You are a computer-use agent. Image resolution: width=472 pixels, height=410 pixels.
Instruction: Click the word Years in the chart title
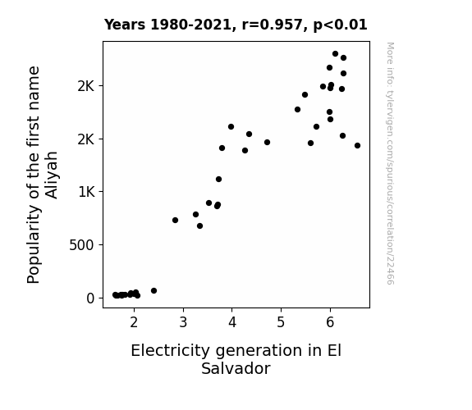pos(125,25)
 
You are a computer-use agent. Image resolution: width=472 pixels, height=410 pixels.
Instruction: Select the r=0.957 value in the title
pos(273,25)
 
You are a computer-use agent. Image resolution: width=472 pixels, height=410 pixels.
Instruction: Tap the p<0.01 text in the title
pos(340,25)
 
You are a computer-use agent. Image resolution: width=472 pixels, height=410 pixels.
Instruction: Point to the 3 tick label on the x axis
pos(183,322)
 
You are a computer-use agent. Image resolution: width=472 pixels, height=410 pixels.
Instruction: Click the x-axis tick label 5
pos(281,322)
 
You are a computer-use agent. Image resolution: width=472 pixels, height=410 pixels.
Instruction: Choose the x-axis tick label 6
pos(330,322)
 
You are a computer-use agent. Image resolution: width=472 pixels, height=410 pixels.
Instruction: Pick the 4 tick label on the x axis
pos(232,322)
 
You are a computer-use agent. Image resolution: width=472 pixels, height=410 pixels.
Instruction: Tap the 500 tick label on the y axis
pos(81,245)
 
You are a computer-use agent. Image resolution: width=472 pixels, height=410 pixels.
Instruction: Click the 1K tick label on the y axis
pos(86,192)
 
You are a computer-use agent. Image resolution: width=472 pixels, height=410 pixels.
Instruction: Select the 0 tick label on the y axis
pos(90,298)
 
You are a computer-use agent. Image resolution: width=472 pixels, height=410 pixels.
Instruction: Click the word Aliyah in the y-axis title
pos(52,175)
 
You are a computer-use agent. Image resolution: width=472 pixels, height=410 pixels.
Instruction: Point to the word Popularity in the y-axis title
pos(34,244)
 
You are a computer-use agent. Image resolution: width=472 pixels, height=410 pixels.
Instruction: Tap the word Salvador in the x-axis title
pos(236,369)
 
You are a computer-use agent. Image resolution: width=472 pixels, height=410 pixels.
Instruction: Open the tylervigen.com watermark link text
pos(390,164)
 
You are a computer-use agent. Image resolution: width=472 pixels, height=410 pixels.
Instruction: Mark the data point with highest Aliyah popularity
pos(336,54)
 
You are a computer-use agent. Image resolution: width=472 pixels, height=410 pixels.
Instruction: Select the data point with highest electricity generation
pos(357,146)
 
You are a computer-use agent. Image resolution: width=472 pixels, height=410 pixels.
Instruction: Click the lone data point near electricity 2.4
pos(154,290)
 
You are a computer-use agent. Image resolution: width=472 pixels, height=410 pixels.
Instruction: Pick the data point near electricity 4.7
pos(267,143)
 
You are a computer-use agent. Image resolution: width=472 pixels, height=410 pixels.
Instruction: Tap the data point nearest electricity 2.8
pos(175,221)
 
